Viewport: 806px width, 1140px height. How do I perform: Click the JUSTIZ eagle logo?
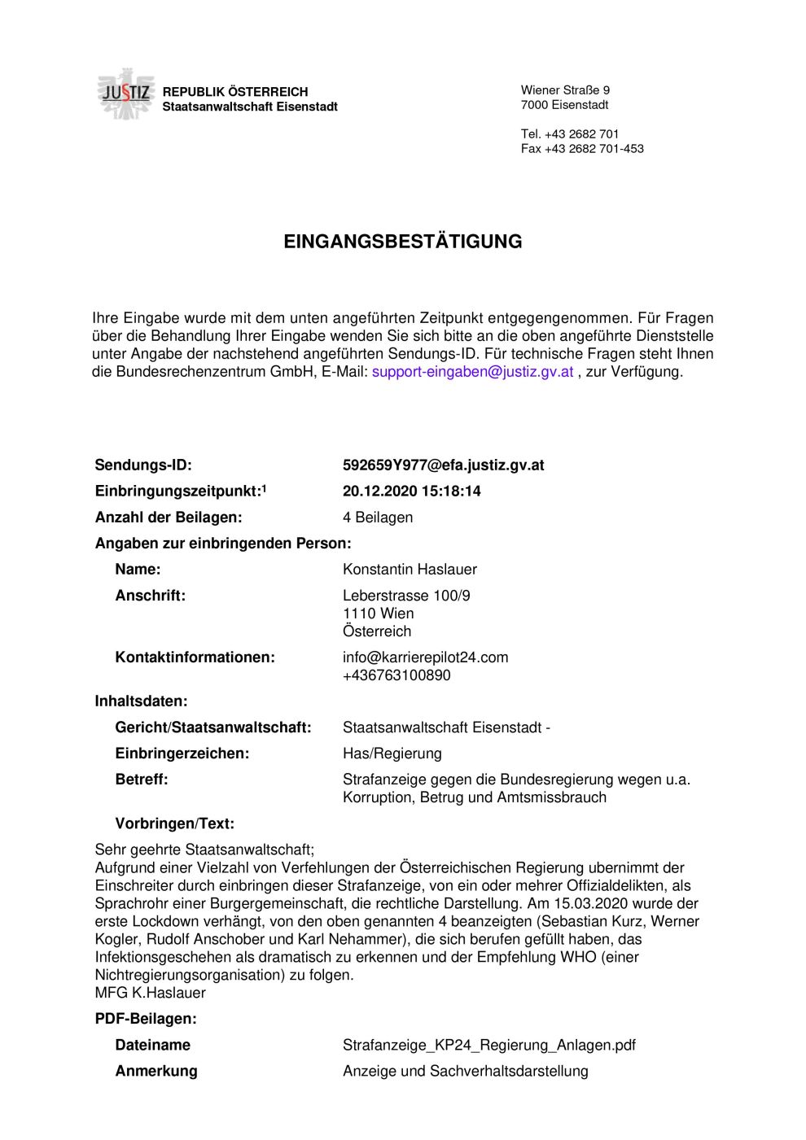click(125, 94)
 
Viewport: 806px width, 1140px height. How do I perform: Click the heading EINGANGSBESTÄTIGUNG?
click(402, 242)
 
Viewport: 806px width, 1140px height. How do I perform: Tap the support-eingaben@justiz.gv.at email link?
click(472, 372)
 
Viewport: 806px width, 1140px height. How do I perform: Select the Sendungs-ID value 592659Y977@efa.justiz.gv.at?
click(443, 465)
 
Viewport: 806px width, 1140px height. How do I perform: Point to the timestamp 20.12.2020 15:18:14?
click(411, 491)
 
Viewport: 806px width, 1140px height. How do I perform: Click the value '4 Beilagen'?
click(377, 518)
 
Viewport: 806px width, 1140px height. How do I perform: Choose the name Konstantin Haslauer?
click(410, 570)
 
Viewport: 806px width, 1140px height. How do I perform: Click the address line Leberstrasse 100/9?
click(406, 596)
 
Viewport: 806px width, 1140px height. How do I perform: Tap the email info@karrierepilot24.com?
click(425, 657)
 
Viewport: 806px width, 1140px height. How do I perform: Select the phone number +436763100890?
click(396, 675)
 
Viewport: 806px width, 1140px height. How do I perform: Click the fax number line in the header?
click(582, 149)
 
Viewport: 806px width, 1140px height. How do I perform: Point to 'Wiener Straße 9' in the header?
click(565, 90)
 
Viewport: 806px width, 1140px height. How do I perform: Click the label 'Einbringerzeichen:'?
click(182, 753)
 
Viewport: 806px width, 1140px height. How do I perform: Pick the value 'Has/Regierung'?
click(392, 753)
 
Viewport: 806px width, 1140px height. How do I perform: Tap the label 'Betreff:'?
click(142, 780)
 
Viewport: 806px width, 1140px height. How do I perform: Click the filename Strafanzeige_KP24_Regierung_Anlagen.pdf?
click(488, 1045)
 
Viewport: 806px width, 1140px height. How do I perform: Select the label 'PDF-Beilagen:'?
click(146, 1019)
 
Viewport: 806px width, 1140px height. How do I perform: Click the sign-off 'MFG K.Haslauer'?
click(151, 993)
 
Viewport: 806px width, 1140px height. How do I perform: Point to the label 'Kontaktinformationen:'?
click(195, 657)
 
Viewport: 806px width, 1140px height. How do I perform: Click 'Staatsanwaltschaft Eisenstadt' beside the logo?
click(250, 107)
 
